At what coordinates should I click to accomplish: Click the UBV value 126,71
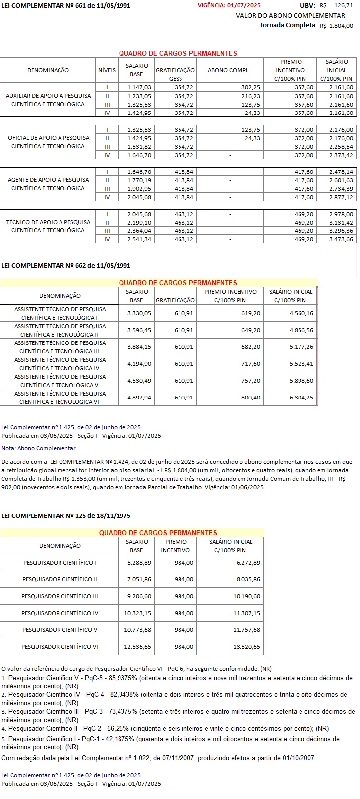pos(344,5)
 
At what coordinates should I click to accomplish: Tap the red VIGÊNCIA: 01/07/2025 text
pos(229,5)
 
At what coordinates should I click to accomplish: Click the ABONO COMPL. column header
pos(229,70)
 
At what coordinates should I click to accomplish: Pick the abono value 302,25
pos(250,87)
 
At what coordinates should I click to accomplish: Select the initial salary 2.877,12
pos(341,197)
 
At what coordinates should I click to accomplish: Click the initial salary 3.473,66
pos(341,239)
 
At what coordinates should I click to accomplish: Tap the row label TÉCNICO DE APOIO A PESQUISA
pos(49,222)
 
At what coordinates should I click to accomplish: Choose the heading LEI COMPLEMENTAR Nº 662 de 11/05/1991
pos(66,266)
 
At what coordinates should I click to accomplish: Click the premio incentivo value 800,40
pos(250,398)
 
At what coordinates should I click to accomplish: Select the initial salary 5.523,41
pos(301,364)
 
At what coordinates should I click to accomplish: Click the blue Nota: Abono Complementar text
pos(39,448)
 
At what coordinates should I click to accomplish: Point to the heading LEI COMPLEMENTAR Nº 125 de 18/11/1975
pos(66,516)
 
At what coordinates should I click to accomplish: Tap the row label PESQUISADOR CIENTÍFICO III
pos(60,596)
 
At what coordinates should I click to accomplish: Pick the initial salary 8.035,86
pos(246,579)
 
